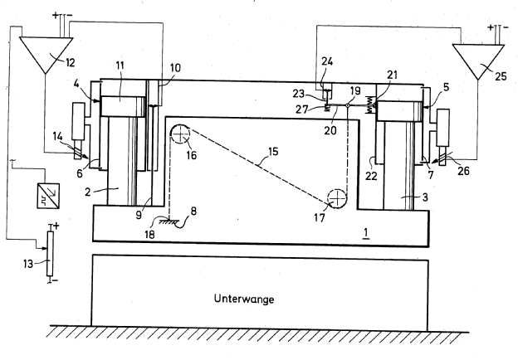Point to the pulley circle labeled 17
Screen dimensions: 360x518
point(336,199)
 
